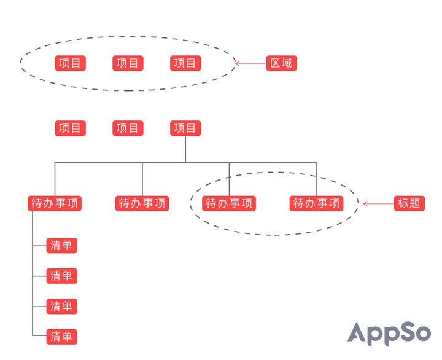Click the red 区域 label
(x=282, y=63)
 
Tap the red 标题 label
(x=409, y=203)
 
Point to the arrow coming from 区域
(x=250, y=63)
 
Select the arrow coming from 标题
(x=378, y=203)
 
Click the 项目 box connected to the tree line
(x=185, y=128)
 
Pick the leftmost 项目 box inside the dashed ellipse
(x=71, y=63)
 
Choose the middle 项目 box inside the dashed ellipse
(x=128, y=63)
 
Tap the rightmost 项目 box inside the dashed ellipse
(x=185, y=63)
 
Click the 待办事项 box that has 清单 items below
(x=55, y=203)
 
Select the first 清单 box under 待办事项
(x=62, y=246)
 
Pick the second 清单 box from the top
(x=62, y=276)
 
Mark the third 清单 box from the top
(x=62, y=306)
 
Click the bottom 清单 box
(x=62, y=336)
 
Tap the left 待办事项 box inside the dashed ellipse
(x=230, y=203)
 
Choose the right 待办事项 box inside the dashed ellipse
(x=316, y=203)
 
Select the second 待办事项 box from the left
(x=142, y=203)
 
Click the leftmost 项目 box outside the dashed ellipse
(x=71, y=128)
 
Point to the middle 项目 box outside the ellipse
(x=128, y=128)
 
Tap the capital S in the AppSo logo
(x=405, y=332)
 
